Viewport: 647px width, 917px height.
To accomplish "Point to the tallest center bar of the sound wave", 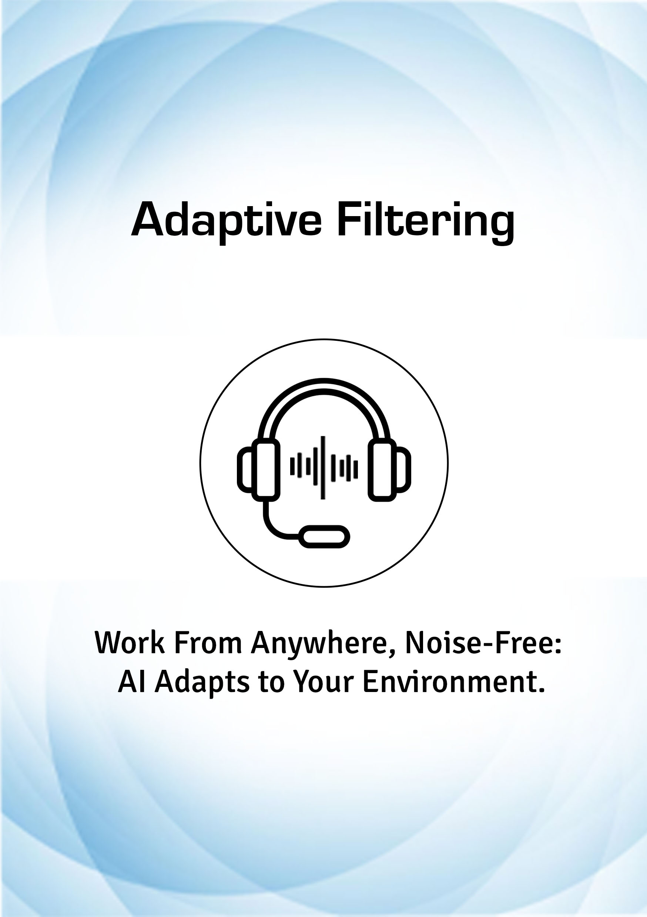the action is coord(323,468).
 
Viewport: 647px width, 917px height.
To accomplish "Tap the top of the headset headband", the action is coord(324,383).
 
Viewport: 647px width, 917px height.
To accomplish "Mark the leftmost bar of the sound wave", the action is coord(292,467).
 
